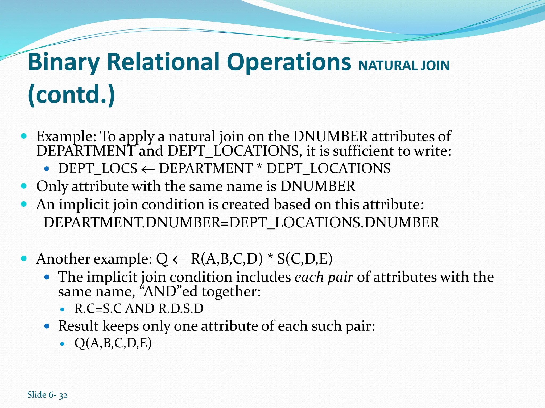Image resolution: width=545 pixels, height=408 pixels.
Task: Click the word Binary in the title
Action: coord(63,63)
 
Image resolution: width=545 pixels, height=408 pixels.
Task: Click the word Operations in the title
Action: coord(289,63)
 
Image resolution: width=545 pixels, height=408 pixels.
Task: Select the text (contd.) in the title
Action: coord(71,95)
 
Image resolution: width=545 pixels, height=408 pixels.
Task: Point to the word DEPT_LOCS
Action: coord(98,168)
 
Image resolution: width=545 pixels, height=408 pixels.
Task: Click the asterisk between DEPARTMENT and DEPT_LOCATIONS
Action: coord(259,167)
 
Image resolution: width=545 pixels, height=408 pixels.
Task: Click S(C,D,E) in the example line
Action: coord(305,259)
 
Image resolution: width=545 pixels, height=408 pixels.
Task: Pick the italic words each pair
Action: coord(324,277)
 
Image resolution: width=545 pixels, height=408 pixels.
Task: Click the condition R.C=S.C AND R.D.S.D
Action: coord(139,309)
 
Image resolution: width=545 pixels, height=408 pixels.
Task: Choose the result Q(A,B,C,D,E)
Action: coord(113,343)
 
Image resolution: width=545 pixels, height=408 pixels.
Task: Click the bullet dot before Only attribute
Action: coord(24,186)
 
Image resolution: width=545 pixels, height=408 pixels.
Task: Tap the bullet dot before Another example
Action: coord(24,258)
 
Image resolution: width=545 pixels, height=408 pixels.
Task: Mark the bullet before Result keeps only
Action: coord(47,326)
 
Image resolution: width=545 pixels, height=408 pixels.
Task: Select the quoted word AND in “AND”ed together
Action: coord(162,292)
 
